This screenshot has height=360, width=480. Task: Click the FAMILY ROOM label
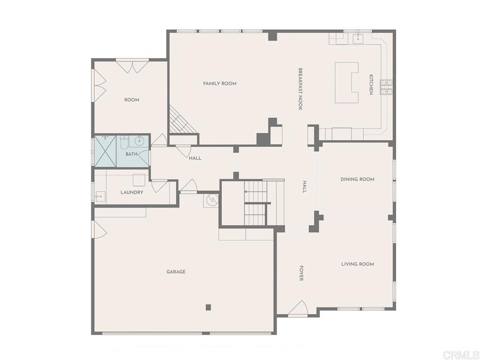coord(219,83)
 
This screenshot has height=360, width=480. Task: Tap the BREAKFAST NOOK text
coord(300,89)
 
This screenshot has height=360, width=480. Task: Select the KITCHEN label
coord(370,84)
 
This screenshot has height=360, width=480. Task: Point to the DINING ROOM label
coord(357,179)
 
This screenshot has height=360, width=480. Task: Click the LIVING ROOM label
coord(357,264)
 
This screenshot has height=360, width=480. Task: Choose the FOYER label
coord(301,273)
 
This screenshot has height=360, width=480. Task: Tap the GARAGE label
coord(176,271)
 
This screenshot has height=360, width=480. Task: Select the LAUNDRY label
coord(132,192)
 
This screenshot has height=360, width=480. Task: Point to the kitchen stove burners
coord(386,87)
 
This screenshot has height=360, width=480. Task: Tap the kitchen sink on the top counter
coord(359,37)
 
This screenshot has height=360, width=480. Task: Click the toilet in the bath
coord(124,142)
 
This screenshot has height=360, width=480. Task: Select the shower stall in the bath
coord(105,150)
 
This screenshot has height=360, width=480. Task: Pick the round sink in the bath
coord(139,141)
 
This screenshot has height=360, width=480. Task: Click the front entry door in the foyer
coord(298,309)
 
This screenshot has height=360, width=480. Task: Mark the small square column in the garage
coord(208,307)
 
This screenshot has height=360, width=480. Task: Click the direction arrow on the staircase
coord(246,191)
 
